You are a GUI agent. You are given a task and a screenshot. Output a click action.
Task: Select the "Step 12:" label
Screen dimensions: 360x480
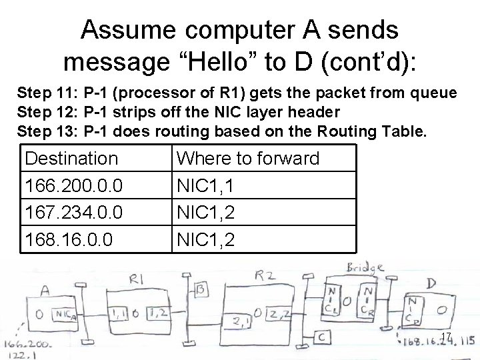click(x=47, y=111)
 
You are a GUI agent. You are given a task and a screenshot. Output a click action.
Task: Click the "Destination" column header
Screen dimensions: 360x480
click(x=69, y=159)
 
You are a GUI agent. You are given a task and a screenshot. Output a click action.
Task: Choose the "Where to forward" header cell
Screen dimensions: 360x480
click(x=247, y=159)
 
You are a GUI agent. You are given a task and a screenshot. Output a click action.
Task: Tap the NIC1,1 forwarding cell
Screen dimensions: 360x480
click(x=205, y=185)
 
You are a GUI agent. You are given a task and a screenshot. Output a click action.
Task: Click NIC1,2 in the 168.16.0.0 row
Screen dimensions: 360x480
click(x=205, y=238)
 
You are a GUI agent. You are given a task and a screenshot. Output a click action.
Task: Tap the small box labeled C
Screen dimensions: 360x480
click(x=321, y=337)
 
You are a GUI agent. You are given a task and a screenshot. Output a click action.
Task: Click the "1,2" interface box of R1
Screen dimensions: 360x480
click(x=164, y=312)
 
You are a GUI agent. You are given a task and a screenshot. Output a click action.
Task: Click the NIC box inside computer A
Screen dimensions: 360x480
click(x=65, y=315)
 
